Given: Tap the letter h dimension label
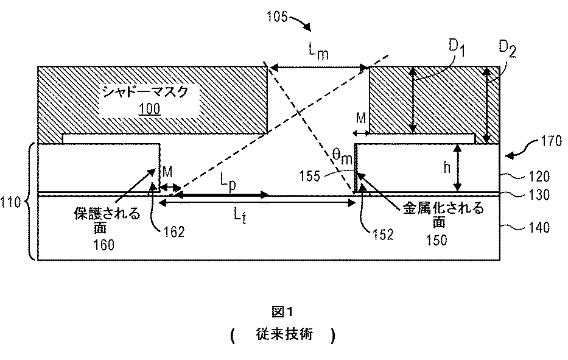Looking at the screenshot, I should [x=446, y=168].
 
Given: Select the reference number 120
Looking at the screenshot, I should [x=539, y=177].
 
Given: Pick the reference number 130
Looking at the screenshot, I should [x=539, y=196].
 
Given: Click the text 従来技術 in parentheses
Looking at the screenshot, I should [x=283, y=336].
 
